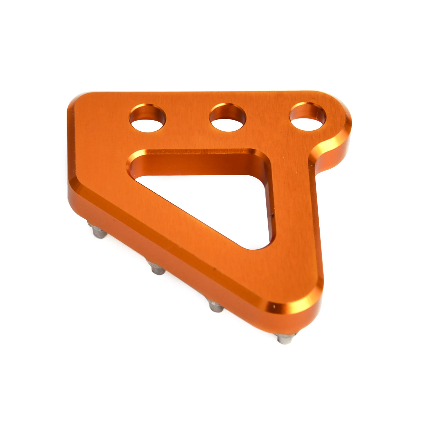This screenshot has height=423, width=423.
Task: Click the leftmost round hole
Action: [148, 118]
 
